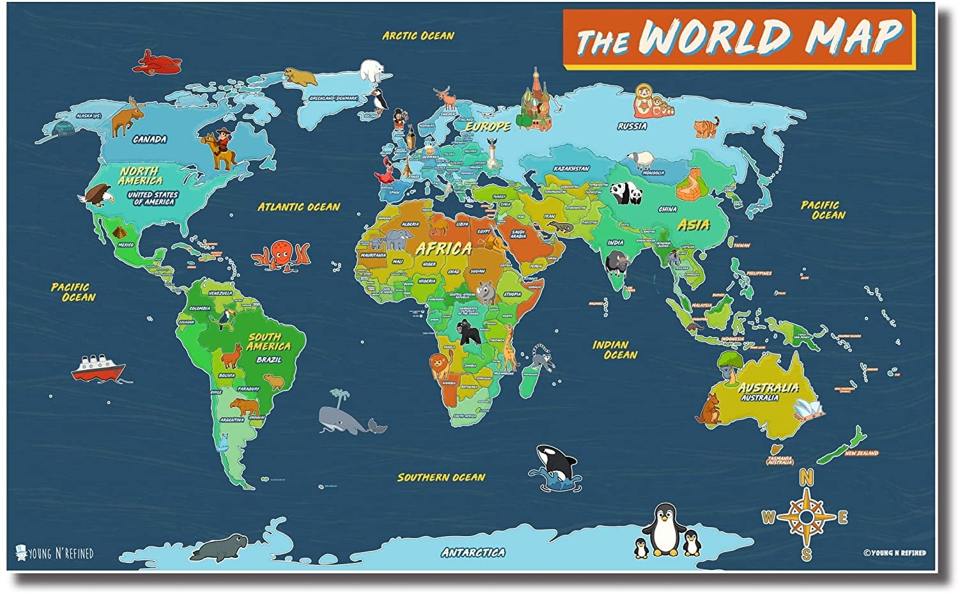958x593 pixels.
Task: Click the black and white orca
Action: coord(556,462)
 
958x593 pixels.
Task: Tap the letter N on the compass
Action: coord(807,477)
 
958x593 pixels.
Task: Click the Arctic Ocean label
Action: coord(418,36)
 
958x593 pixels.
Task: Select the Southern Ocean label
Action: coord(441,477)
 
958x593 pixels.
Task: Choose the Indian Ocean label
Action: coord(615,349)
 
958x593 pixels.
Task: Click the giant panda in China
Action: coord(625,192)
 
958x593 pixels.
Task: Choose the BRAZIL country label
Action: coord(268,360)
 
